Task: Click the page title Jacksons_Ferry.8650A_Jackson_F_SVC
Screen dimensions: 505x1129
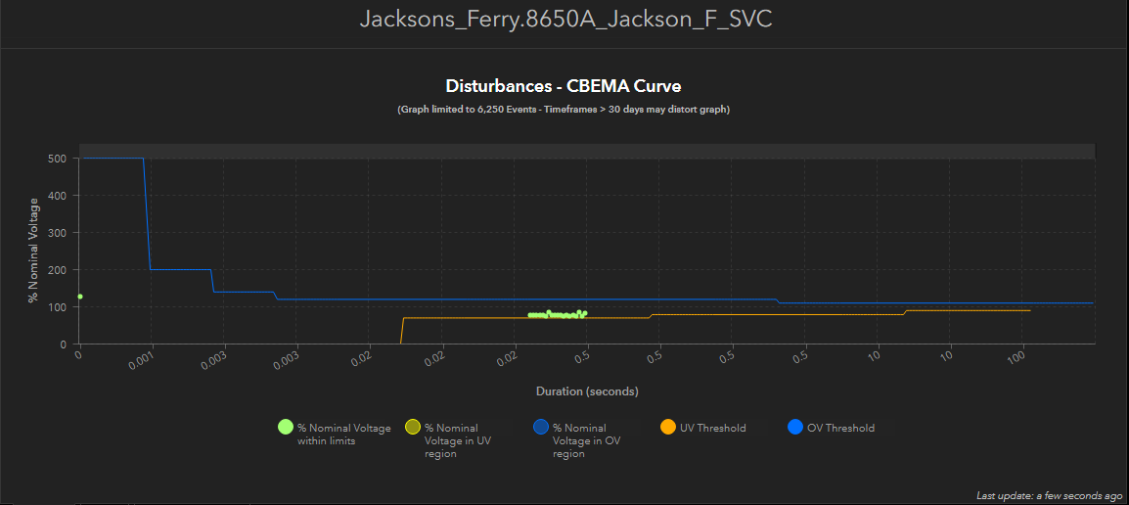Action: (565, 20)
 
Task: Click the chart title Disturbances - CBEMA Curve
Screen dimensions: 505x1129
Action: (564, 86)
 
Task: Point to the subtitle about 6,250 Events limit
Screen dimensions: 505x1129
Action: (564, 110)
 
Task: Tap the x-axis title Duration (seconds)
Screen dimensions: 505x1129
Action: (587, 391)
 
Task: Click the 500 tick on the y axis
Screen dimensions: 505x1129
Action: (58, 159)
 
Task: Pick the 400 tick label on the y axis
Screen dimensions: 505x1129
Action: (58, 196)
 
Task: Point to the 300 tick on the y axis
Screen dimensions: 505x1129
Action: (58, 233)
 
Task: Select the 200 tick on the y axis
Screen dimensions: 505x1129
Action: (58, 270)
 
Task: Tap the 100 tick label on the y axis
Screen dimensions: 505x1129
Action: (58, 307)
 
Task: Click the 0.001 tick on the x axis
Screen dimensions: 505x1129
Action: (143, 359)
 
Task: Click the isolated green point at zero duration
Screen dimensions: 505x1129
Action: (80, 297)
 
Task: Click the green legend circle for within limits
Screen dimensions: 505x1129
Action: (286, 427)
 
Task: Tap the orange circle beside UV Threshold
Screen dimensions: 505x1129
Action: (668, 427)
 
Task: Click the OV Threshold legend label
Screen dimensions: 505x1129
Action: (840, 428)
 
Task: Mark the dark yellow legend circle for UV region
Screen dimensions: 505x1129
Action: (413, 427)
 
